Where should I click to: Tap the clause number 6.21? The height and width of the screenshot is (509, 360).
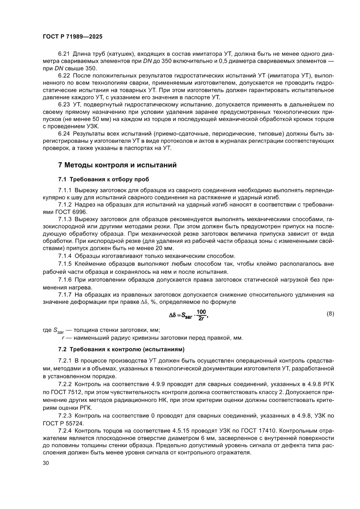point(65,54)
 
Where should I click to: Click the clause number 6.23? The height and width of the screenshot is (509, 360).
point(65,104)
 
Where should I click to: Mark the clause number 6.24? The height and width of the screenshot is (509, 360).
point(65,134)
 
